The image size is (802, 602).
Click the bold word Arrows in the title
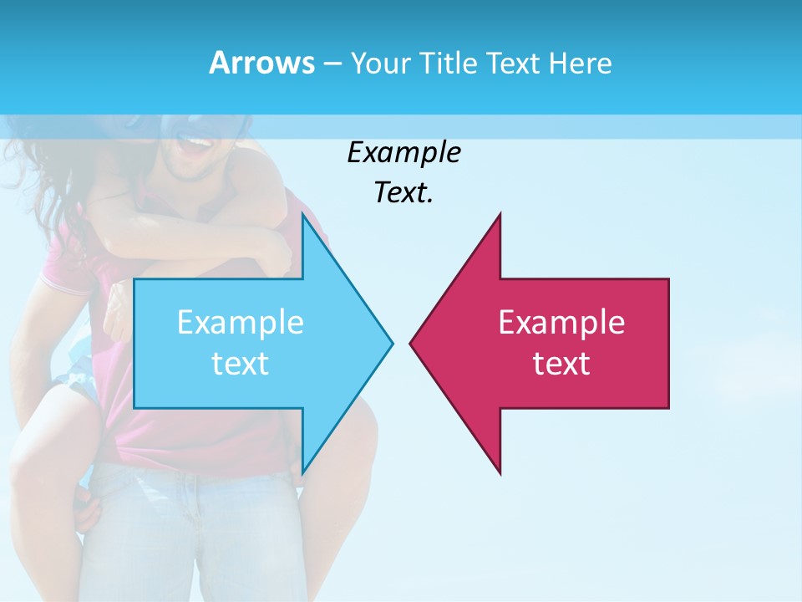(x=261, y=63)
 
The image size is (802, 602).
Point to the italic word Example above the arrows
(x=404, y=153)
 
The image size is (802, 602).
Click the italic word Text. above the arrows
(x=404, y=193)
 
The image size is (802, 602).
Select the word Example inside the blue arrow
(x=241, y=323)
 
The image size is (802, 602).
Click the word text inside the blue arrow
(x=241, y=364)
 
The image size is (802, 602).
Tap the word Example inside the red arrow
(x=561, y=323)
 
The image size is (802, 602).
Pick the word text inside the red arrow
(x=561, y=364)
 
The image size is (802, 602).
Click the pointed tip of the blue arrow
(x=391, y=343)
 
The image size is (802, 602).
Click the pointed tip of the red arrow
(x=411, y=343)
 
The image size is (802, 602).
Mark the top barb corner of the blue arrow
(x=302, y=215)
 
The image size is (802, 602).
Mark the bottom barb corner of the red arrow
(x=500, y=473)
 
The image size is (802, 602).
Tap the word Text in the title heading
(x=513, y=63)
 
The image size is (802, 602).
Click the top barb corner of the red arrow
(x=500, y=215)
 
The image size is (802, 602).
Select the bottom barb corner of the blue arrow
(x=302, y=473)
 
